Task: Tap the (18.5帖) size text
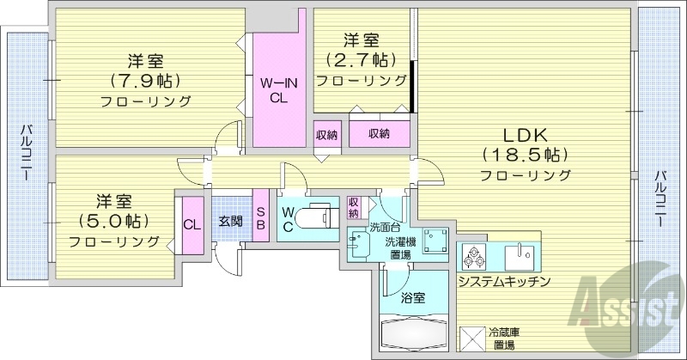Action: pos(525,155)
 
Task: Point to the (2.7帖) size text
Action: pos(362,60)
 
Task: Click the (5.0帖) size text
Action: pos(113,220)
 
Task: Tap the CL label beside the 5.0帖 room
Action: pos(192,224)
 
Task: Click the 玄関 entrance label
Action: pos(229,222)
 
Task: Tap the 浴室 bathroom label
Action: pos(413,298)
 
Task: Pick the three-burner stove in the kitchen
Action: pos(475,256)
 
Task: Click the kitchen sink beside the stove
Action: pos(520,255)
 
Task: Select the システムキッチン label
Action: pos(503,282)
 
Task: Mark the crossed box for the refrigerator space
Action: pos(473,339)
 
